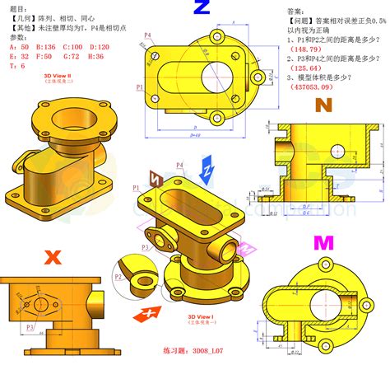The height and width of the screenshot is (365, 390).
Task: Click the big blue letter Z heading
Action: click(202, 10)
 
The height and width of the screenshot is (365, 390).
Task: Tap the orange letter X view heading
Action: click(53, 257)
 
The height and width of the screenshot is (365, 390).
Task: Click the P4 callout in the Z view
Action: click(148, 35)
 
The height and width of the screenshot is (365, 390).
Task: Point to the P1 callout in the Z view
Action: click(141, 87)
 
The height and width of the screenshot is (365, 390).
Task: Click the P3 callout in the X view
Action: click(30, 327)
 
